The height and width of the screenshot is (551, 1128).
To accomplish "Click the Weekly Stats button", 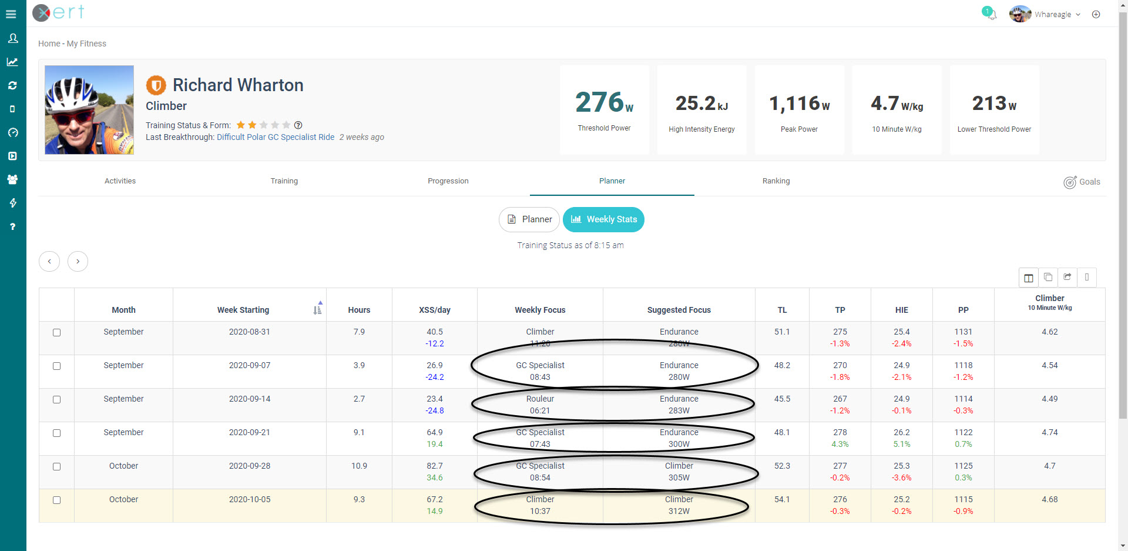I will tap(603, 219).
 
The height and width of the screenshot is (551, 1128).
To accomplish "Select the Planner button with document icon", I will tap(529, 219).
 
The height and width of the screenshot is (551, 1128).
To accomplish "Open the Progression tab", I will tap(448, 181).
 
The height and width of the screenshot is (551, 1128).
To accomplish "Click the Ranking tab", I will tap(775, 181).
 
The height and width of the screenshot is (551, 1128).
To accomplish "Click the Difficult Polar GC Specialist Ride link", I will tap(276, 137).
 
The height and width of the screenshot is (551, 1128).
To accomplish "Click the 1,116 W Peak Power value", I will tap(799, 103).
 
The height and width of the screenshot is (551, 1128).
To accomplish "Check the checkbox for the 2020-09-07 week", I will tap(57, 366).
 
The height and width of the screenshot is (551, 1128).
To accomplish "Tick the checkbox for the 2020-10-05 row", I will tap(57, 500).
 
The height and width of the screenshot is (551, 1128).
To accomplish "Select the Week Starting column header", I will tap(243, 310).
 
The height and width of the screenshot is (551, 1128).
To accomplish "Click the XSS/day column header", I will tap(435, 310).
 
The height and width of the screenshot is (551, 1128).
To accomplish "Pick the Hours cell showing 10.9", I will tap(359, 466).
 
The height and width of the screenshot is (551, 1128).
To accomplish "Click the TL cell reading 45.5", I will tap(782, 399).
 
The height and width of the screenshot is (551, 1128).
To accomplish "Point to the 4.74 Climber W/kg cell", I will tap(1049, 432).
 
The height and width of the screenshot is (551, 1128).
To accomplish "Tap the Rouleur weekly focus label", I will tap(540, 399).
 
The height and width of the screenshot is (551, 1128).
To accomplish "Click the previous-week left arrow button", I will tap(49, 261).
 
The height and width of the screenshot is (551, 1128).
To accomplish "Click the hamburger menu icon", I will tap(11, 14).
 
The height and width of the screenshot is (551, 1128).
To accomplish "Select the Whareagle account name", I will tap(1053, 15).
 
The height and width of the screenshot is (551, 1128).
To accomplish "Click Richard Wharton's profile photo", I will tap(89, 110).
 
